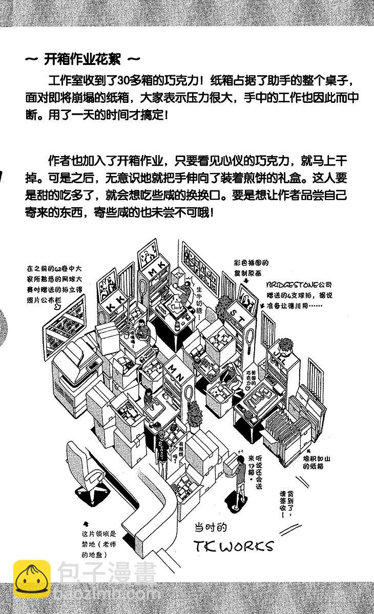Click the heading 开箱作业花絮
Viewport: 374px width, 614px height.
[81, 59]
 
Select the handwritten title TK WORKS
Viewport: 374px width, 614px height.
[234, 545]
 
